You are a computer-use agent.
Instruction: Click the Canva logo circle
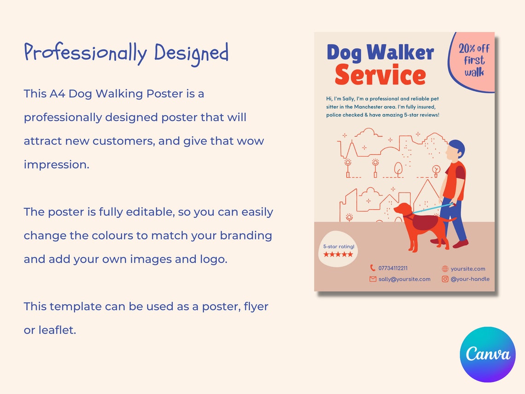pyautogui.click(x=488, y=354)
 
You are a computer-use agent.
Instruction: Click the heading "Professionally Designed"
pyautogui.click(x=126, y=53)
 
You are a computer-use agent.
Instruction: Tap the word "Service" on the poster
pyautogui.click(x=380, y=76)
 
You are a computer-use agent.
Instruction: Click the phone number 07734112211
pyautogui.click(x=393, y=268)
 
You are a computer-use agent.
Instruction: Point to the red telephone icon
pyautogui.click(x=373, y=268)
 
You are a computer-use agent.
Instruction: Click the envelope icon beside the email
pyautogui.click(x=373, y=279)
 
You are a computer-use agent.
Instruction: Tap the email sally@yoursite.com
pyautogui.click(x=404, y=279)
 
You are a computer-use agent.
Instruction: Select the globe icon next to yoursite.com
pyautogui.click(x=445, y=269)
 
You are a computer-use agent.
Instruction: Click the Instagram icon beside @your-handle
pyautogui.click(x=445, y=279)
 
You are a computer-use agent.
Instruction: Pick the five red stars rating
pyautogui.click(x=338, y=254)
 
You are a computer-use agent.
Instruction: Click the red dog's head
pyautogui.click(x=402, y=210)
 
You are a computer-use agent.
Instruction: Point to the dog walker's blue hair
pyautogui.click(x=458, y=147)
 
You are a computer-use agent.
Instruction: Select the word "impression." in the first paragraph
pyautogui.click(x=56, y=165)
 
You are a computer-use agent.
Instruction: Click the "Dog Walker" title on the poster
pyautogui.click(x=380, y=53)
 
